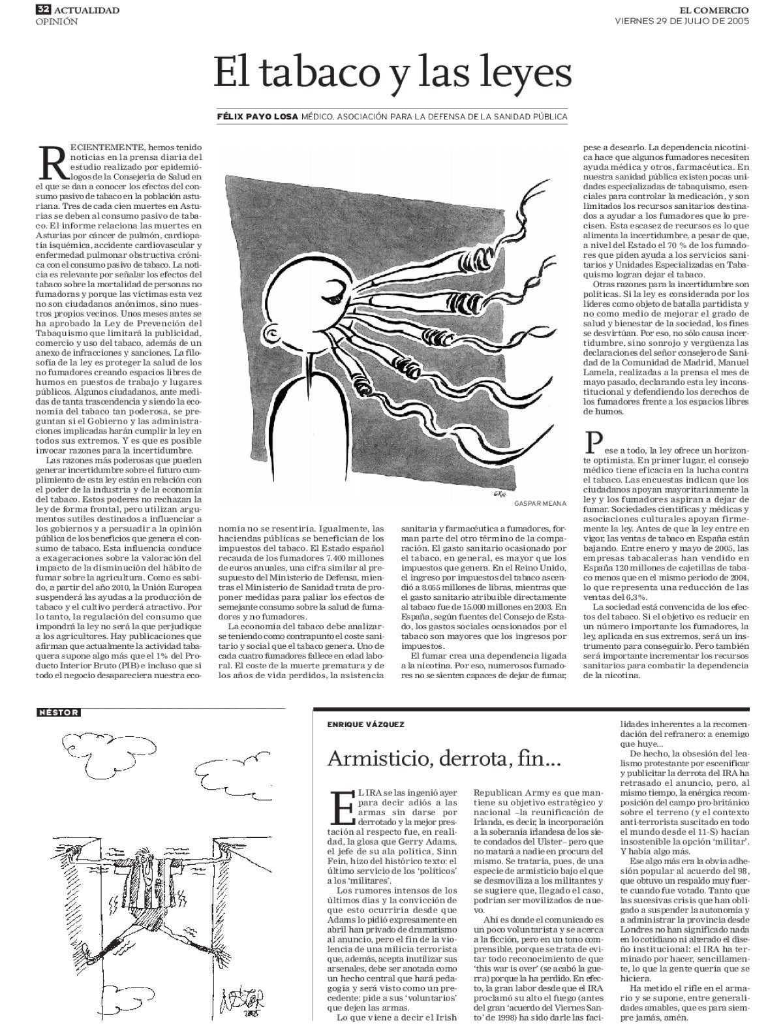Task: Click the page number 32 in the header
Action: tap(44, 10)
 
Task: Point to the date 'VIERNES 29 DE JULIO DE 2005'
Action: tap(682, 21)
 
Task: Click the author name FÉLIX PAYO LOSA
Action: tap(258, 117)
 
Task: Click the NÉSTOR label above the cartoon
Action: tap(59, 713)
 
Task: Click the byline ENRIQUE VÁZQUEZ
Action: tap(365, 724)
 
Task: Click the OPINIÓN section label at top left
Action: tap(56, 22)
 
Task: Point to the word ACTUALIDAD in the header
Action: tap(87, 10)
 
